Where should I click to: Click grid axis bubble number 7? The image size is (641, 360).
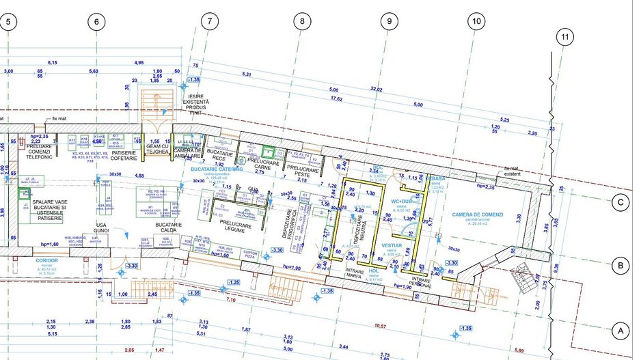(x=209, y=22)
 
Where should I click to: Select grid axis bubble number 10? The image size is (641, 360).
(x=476, y=22)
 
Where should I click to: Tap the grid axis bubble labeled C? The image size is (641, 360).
(x=620, y=202)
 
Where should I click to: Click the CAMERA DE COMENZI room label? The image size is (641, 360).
(x=477, y=214)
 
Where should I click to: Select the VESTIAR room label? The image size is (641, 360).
(x=392, y=244)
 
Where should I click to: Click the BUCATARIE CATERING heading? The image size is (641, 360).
(x=217, y=168)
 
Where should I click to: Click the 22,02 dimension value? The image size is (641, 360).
(x=376, y=89)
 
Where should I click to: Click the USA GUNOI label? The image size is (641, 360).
(x=102, y=228)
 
